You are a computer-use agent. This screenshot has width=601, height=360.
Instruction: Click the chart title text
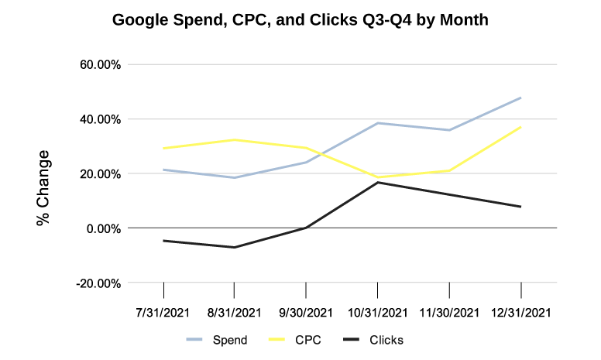(300, 20)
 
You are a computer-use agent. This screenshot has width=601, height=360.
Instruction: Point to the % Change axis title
(44, 187)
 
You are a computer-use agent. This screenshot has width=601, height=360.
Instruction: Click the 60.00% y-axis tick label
(100, 65)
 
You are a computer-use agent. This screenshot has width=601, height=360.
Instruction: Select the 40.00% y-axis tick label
(100, 119)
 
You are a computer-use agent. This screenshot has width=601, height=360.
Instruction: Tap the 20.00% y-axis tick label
(100, 174)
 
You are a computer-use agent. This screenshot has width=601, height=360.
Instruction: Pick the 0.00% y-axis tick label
(103, 228)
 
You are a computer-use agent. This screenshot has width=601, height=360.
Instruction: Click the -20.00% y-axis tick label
(98, 283)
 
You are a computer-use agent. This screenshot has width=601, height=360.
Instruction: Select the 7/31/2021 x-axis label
(164, 313)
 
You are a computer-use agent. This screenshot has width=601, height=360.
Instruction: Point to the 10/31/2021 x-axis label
(378, 313)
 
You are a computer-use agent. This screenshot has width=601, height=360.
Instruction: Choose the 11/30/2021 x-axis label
(449, 313)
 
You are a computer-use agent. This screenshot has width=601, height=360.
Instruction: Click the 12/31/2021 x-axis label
(520, 313)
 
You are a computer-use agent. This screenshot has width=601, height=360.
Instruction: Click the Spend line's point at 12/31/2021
(520, 98)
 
